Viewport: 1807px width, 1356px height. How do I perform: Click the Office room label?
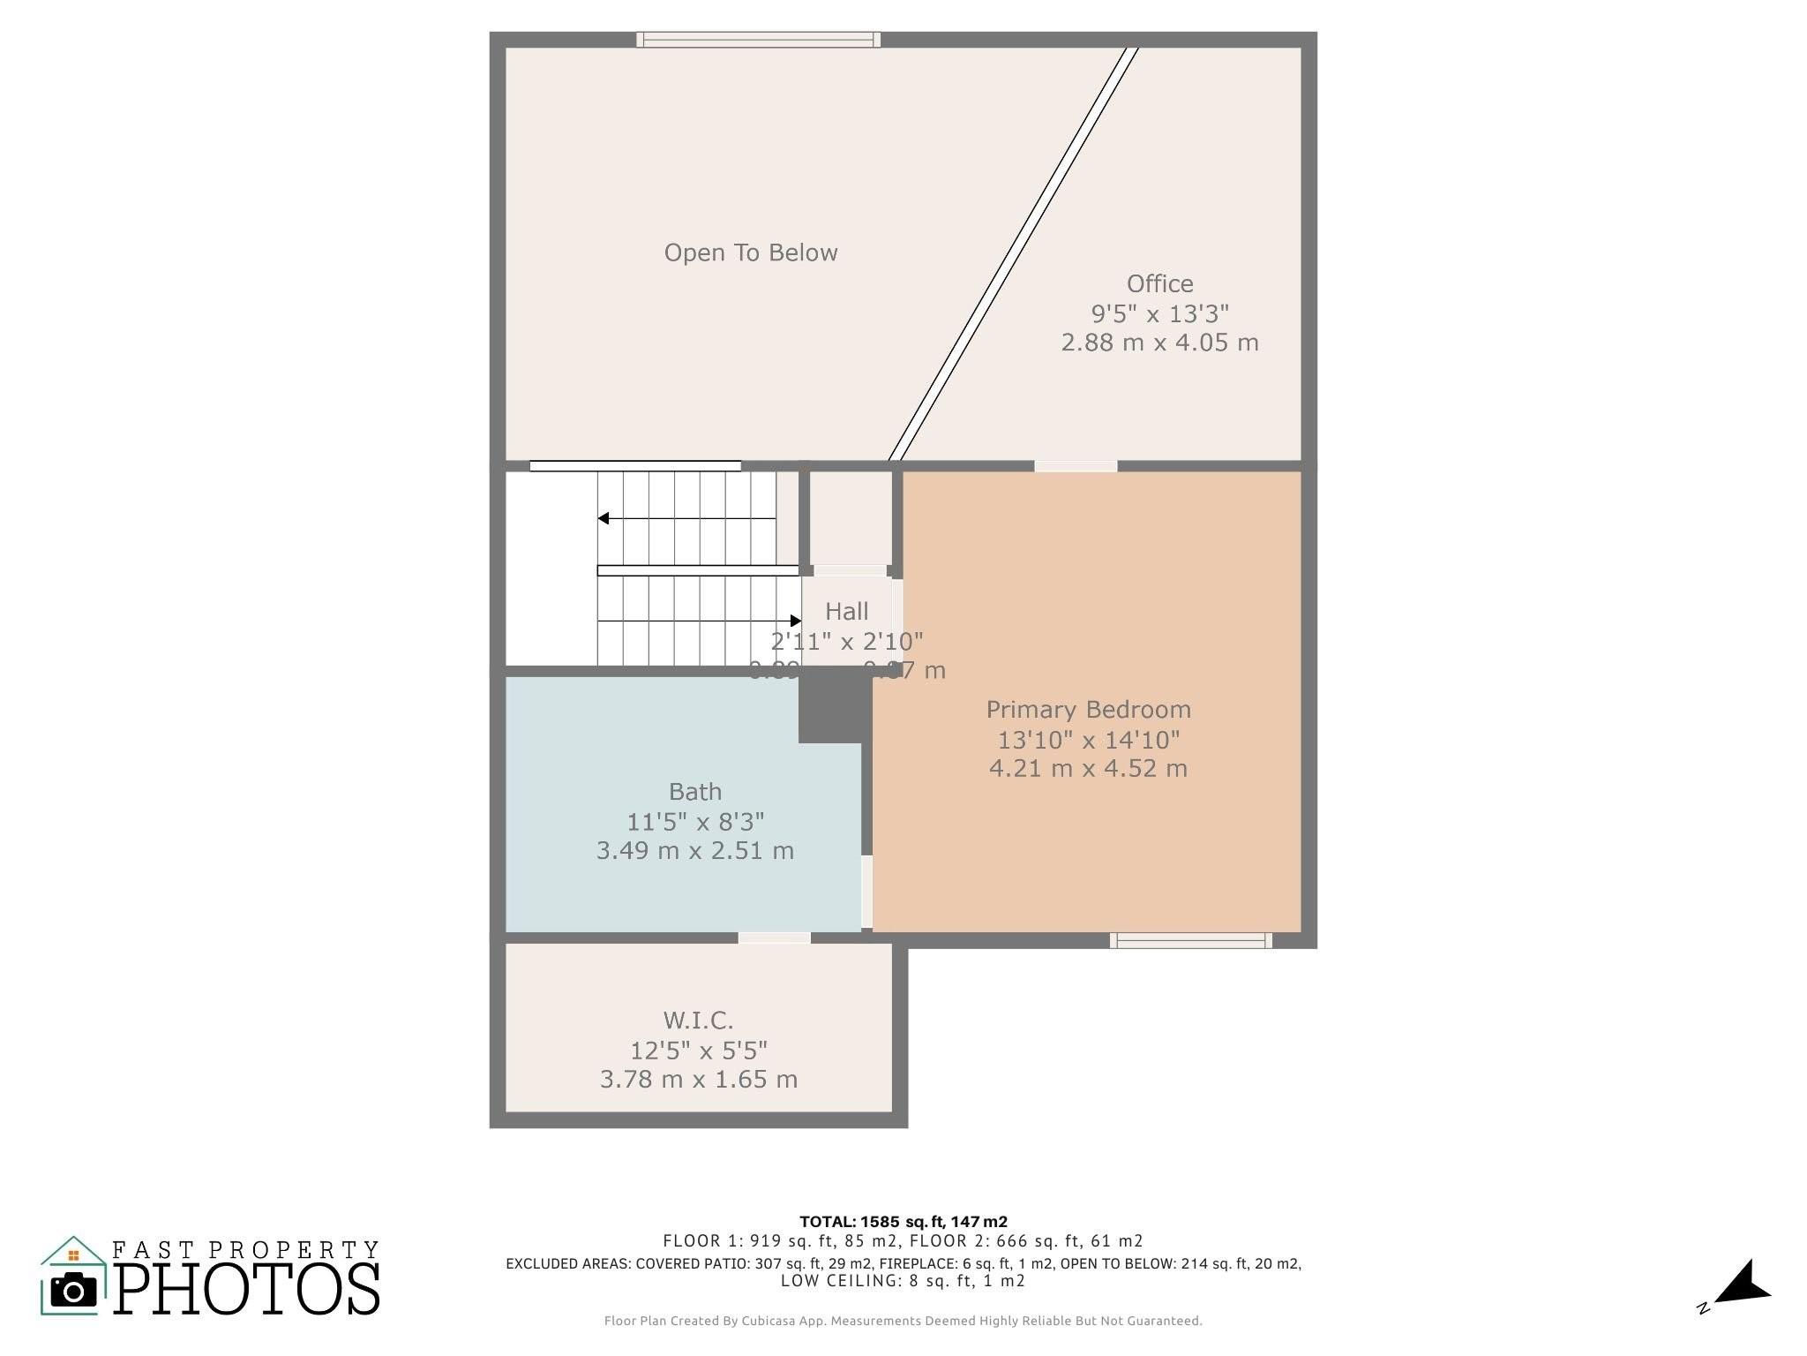pyautogui.click(x=1159, y=283)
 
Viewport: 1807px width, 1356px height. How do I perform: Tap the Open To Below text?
pyautogui.click(x=750, y=252)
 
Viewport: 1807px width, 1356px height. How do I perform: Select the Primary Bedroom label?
pyautogui.click(x=1088, y=710)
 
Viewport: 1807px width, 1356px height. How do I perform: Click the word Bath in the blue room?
pyautogui.click(x=694, y=791)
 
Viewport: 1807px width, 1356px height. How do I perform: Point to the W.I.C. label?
pyautogui.click(x=698, y=1021)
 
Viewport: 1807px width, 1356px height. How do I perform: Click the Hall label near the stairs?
pyautogui.click(x=846, y=611)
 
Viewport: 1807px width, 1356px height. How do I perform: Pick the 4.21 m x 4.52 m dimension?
pyautogui.click(x=1088, y=768)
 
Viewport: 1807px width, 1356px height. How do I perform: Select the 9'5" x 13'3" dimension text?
pyautogui.click(x=1159, y=313)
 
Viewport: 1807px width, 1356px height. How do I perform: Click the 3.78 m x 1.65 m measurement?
pyautogui.click(x=698, y=1079)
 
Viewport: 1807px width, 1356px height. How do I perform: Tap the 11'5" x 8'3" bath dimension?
pyautogui.click(x=694, y=821)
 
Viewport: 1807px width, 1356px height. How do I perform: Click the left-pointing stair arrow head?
pyautogui.click(x=604, y=518)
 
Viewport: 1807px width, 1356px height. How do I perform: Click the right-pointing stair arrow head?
pyautogui.click(x=796, y=621)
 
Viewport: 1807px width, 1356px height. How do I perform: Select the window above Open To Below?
pyautogui.click(x=758, y=40)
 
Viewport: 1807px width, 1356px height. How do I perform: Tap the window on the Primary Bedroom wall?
pyautogui.click(x=1190, y=941)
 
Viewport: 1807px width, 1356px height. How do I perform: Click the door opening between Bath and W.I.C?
pyautogui.click(x=774, y=938)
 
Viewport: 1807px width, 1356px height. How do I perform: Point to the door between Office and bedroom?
pyautogui.click(x=1075, y=466)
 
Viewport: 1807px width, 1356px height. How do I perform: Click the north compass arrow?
pyautogui.click(x=1743, y=1284)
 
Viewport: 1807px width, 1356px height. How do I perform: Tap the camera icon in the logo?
pyautogui.click(x=73, y=1292)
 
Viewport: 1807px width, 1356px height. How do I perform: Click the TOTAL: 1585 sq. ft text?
pyautogui.click(x=903, y=1222)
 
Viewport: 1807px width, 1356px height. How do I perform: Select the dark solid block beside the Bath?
pyautogui.click(x=833, y=706)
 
